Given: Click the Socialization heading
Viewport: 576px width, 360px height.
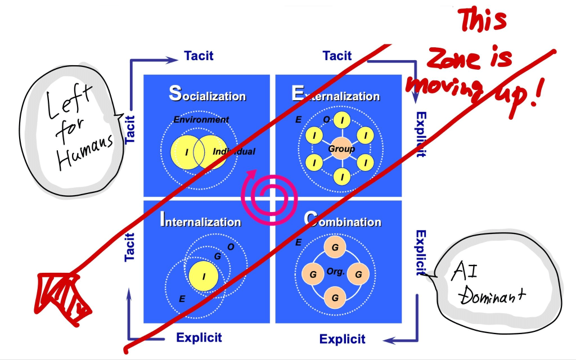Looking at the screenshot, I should pyautogui.click(x=208, y=94).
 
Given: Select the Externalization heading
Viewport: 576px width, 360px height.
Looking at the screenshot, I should pyautogui.click(x=336, y=94).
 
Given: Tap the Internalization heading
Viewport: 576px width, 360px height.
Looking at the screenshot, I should pyautogui.click(x=201, y=220).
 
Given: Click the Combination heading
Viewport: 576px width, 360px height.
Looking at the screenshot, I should pyautogui.click(x=343, y=220).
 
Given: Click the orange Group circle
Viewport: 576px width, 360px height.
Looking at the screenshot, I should pyautogui.click(x=342, y=149).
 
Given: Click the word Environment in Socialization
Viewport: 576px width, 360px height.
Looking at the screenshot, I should pyautogui.click(x=201, y=119).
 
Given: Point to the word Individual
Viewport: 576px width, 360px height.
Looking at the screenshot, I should pyautogui.click(x=233, y=151).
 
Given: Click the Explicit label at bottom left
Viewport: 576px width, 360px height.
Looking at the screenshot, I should pyautogui.click(x=199, y=338).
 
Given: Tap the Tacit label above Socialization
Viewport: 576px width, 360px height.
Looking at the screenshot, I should pyautogui.click(x=199, y=56).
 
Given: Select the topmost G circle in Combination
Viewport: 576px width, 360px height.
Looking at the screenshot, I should pyautogui.click(x=335, y=247).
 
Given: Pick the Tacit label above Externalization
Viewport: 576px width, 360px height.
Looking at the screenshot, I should pyautogui.click(x=337, y=56).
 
